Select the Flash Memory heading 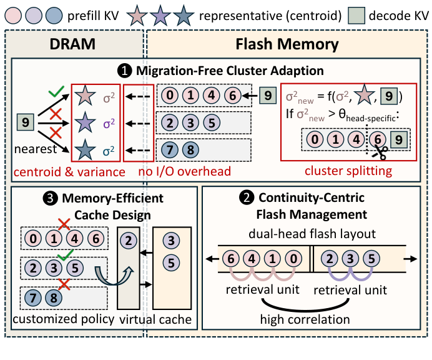287,44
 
